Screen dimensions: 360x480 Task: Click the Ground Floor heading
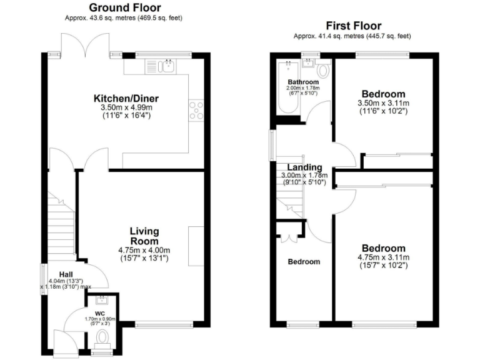point(124,7)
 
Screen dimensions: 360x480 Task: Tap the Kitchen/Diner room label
point(126,99)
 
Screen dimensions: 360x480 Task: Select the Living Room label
point(144,236)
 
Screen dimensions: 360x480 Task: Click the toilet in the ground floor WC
point(102,338)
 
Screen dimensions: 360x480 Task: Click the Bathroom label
point(303,82)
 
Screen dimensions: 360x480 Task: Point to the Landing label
point(304,167)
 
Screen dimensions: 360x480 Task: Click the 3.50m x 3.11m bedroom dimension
point(382,103)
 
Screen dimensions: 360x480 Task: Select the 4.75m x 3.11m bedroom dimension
point(382,257)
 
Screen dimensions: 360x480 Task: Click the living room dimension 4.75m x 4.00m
point(144,250)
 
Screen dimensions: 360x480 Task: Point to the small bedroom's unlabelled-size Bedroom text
point(303,262)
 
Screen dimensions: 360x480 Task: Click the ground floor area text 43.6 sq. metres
point(124,18)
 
